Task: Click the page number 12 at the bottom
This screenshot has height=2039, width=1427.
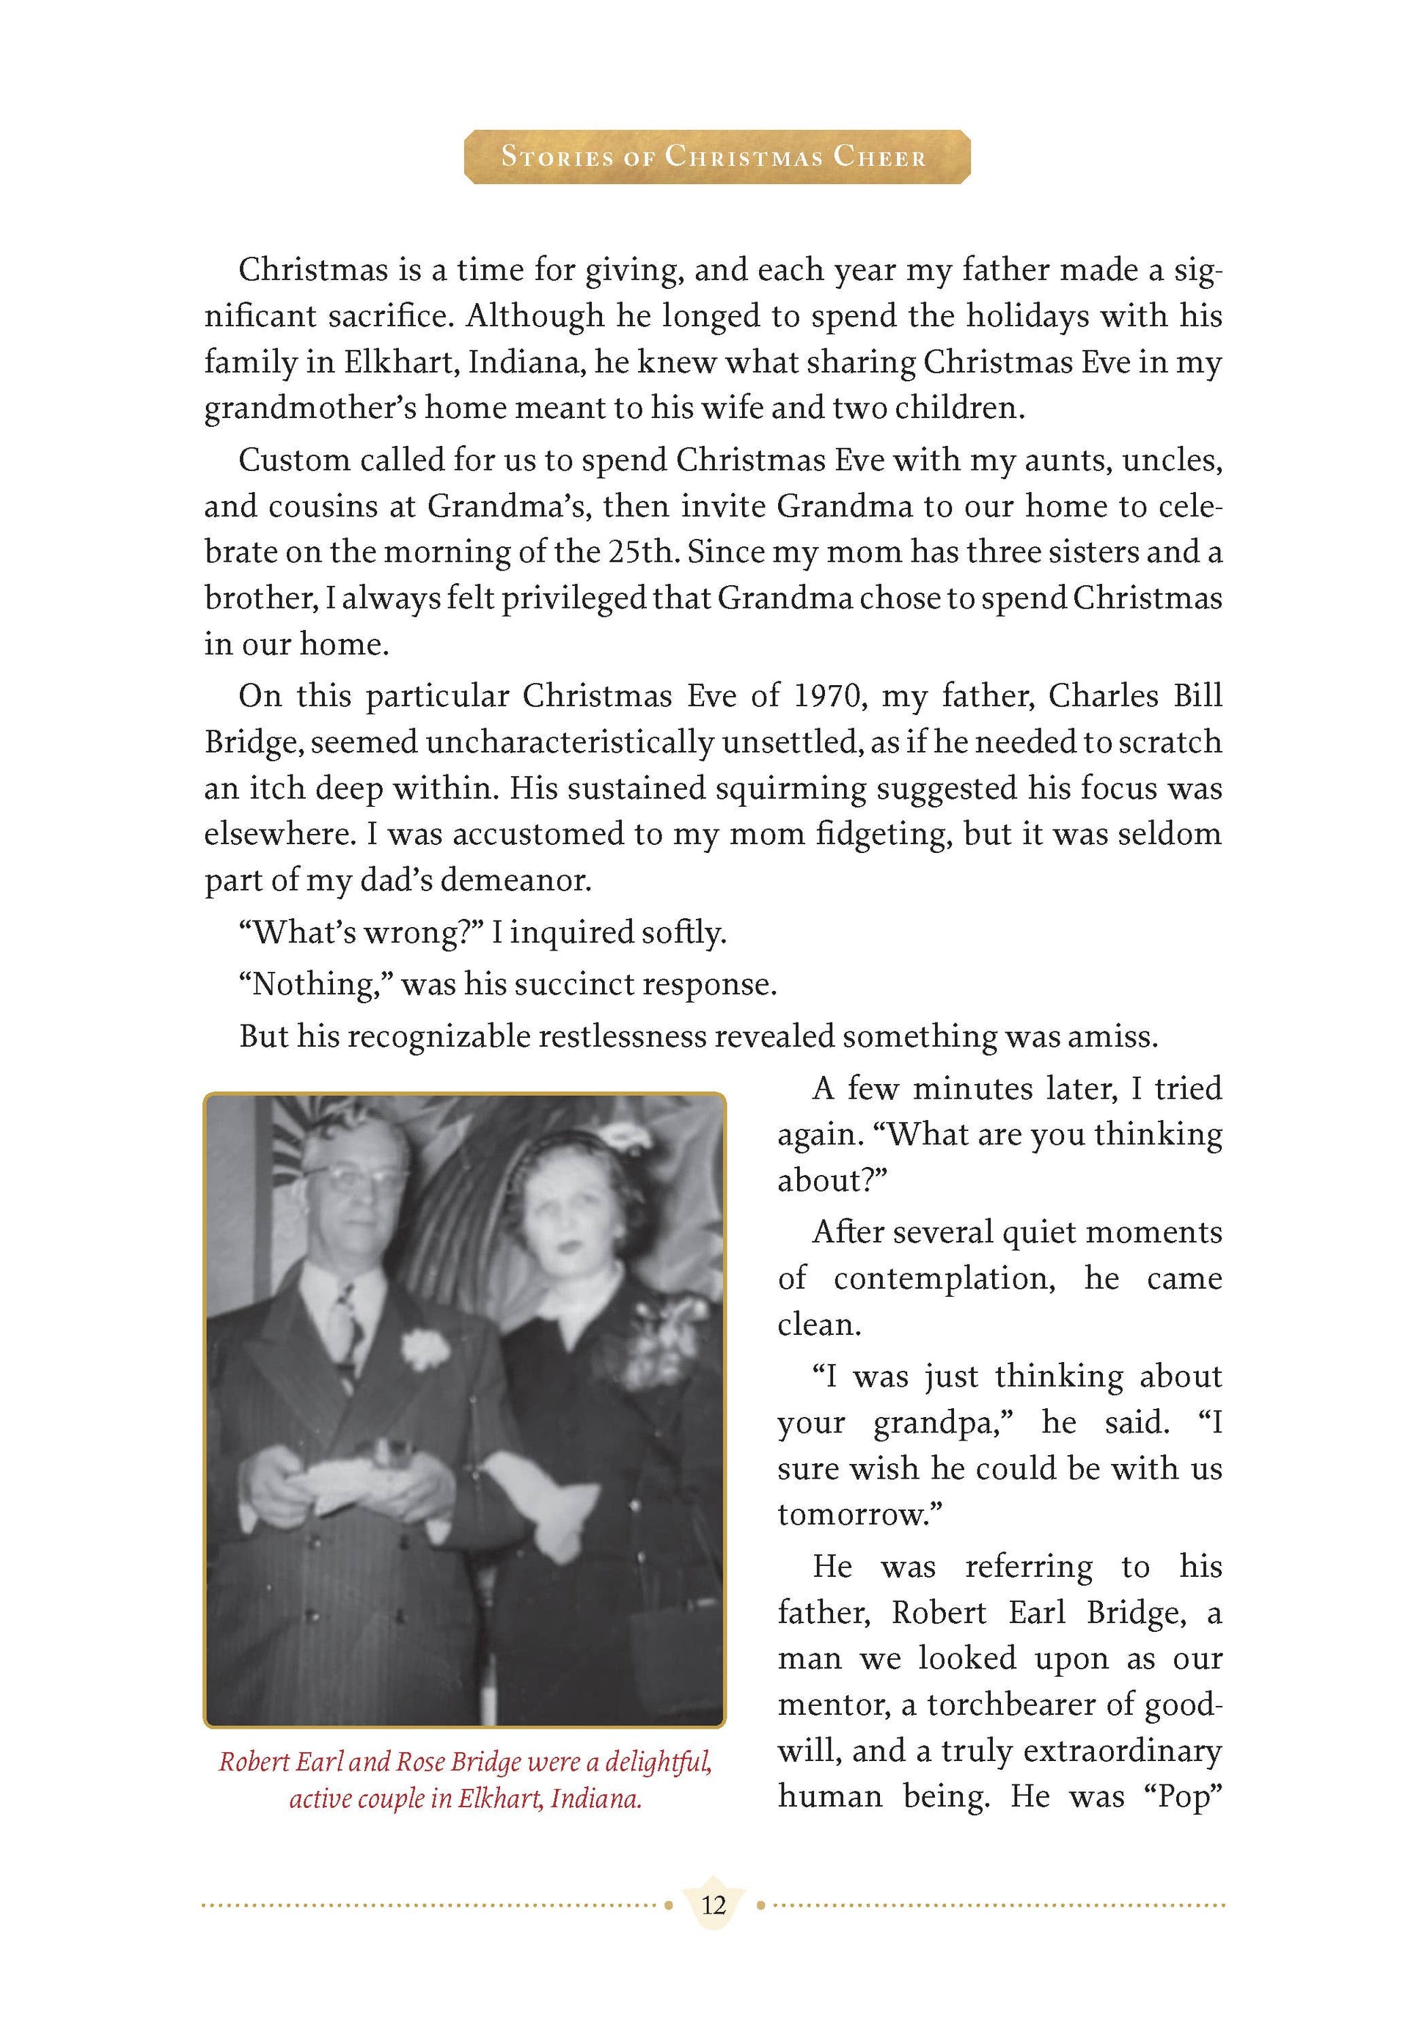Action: point(713,1906)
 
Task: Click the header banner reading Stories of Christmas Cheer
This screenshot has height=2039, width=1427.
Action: point(716,157)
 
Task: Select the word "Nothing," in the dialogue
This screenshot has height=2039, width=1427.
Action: point(317,985)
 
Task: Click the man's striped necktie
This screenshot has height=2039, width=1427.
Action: point(345,1328)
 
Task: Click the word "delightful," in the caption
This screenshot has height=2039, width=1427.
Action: point(658,1762)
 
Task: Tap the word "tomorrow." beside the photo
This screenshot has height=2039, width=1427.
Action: point(859,1514)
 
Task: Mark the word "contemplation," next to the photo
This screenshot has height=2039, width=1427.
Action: point(944,1279)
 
